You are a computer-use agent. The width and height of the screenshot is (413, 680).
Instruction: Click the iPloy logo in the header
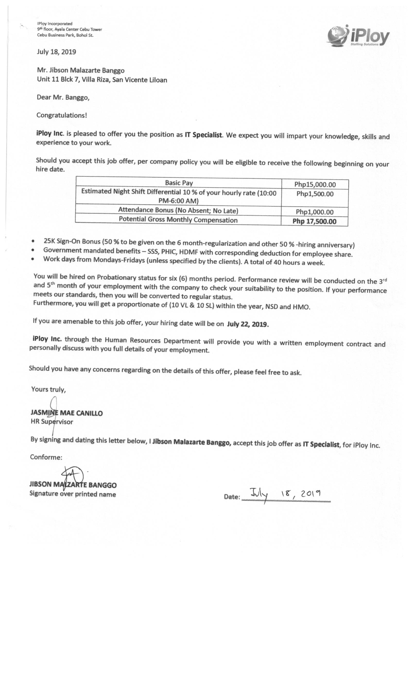point(358,36)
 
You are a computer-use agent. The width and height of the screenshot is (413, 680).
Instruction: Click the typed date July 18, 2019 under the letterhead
point(56,52)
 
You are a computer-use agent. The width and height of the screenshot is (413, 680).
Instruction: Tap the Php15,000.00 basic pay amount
point(315,184)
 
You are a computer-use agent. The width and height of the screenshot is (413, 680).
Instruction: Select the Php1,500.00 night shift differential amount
point(315,194)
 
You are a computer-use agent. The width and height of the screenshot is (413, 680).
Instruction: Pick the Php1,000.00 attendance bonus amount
point(314,212)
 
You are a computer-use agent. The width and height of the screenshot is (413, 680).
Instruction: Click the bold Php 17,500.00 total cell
point(314,221)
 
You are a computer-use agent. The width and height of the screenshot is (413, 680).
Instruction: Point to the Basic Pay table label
point(179,183)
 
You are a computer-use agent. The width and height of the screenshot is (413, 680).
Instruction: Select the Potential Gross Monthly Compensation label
point(178,220)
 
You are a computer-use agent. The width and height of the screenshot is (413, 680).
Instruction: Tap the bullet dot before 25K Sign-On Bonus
point(33,241)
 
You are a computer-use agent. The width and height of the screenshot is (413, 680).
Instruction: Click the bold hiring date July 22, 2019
point(248,324)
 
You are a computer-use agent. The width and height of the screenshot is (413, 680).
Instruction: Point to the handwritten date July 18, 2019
point(285,495)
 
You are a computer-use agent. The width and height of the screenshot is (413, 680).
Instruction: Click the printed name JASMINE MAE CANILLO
point(67,413)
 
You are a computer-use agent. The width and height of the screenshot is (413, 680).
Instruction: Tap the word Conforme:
point(46,457)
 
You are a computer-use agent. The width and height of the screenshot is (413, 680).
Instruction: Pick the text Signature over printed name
point(72,494)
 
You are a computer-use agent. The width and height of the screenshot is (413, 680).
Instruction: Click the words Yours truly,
point(48,389)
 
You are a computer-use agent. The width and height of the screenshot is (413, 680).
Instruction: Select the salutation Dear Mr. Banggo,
point(63,97)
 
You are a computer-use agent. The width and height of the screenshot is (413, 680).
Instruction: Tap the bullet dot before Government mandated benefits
point(33,250)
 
